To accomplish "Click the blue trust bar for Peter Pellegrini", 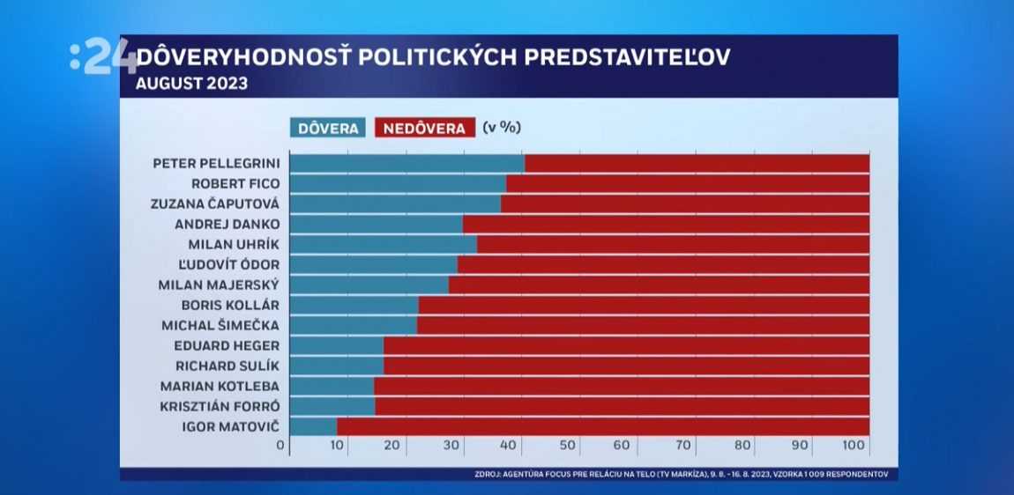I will pyautogui.click(x=406, y=164).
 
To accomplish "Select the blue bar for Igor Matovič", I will pyautogui.click(x=313, y=427).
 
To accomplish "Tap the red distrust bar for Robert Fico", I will pyautogui.click(x=688, y=184).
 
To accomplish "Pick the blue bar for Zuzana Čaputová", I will pyautogui.click(x=395, y=204).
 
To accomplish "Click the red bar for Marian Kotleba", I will pyautogui.click(x=622, y=387).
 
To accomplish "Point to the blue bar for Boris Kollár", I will pyautogui.click(x=354, y=306).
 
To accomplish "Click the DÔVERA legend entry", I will pyautogui.click(x=328, y=129).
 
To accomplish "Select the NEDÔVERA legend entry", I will pyautogui.click(x=424, y=129).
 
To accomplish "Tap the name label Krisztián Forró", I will pyautogui.click(x=220, y=406).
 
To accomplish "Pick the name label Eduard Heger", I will pyautogui.click(x=227, y=345).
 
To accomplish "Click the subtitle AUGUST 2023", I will pyautogui.click(x=191, y=85).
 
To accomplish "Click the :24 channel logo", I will pyautogui.click(x=102, y=57).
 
